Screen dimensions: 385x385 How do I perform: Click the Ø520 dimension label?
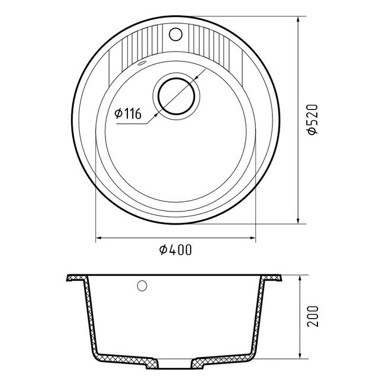[x=313, y=120]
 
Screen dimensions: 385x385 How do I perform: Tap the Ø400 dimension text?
[x=175, y=250]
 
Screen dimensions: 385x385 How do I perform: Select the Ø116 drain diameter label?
[x=128, y=113]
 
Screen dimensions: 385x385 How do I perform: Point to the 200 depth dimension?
[x=313, y=316]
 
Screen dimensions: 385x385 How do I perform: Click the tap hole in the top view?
[x=176, y=34]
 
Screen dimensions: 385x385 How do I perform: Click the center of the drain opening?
[x=177, y=96]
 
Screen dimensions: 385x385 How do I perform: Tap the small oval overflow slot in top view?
[x=142, y=63]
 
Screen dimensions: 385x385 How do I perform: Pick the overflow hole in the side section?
[x=142, y=286]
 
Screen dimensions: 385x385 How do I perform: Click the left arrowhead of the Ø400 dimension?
[x=98, y=238]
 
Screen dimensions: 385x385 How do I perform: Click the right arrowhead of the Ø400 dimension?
[x=253, y=238]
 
